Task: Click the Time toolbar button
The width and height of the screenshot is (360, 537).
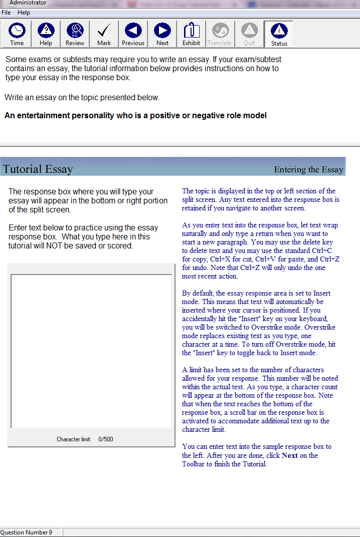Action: point(17,34)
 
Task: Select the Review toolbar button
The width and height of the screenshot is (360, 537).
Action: point(75,34)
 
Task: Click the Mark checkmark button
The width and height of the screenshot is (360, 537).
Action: point(104,34)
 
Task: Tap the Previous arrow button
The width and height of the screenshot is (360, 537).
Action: point(133,34)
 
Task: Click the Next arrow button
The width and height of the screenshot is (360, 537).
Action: point(162,34)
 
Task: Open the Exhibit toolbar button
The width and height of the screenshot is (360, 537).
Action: point(191,34)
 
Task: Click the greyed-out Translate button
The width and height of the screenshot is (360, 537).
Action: point(220,34)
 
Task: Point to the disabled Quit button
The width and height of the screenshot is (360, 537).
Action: point(249,34)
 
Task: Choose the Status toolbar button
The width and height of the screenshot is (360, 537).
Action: point(279,34)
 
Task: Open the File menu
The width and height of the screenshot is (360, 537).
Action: point(6,13)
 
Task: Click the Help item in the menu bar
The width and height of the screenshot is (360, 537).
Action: point(24,13)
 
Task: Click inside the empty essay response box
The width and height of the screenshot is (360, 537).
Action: point(91,351)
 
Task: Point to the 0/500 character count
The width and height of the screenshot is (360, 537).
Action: point(106,439)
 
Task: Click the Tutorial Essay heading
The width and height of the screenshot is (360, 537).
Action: point(38,169)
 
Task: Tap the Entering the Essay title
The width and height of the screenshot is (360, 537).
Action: point(308,170)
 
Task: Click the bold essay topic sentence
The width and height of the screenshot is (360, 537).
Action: point(135,116)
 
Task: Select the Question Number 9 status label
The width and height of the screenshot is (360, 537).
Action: point(26,532)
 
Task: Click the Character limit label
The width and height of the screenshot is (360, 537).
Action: point(74,439)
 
